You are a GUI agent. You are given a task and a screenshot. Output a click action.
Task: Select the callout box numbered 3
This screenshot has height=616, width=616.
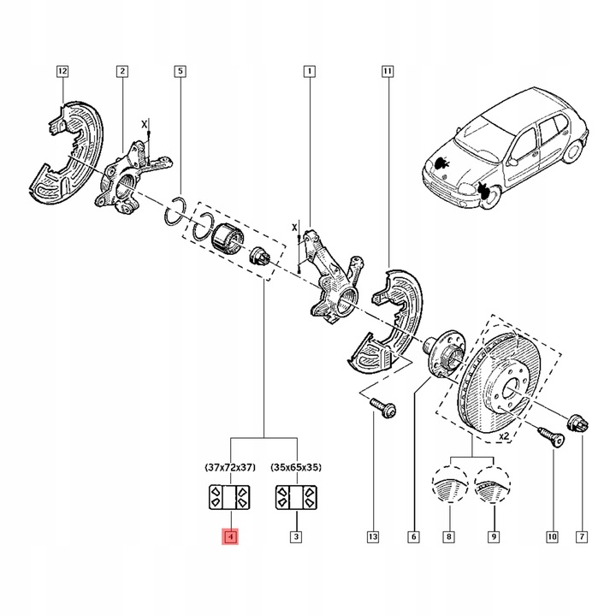tap(296, 537)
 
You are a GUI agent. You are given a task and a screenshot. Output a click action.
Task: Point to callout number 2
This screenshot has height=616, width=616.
tap(122, 71)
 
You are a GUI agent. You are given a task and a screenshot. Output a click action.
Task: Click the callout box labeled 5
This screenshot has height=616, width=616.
tap(181, 71)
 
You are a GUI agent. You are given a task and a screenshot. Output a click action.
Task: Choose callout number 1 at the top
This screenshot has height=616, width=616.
tap(308, 71)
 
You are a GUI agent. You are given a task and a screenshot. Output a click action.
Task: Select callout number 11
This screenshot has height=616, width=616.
tap(388, 71)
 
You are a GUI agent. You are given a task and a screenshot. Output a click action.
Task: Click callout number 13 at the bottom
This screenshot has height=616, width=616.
tap(374, 537)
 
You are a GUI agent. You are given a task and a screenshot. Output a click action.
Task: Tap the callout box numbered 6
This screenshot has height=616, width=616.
tap(414, 537)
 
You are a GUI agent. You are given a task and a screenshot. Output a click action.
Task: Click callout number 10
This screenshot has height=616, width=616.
tap(552, 537)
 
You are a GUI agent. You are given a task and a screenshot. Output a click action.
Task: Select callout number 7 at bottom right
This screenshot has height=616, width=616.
tap(581, 537)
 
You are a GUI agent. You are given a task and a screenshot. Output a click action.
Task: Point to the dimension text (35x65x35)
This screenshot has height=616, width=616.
tap(297, 468)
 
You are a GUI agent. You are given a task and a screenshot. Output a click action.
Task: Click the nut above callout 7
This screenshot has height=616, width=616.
tap(579, 422)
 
